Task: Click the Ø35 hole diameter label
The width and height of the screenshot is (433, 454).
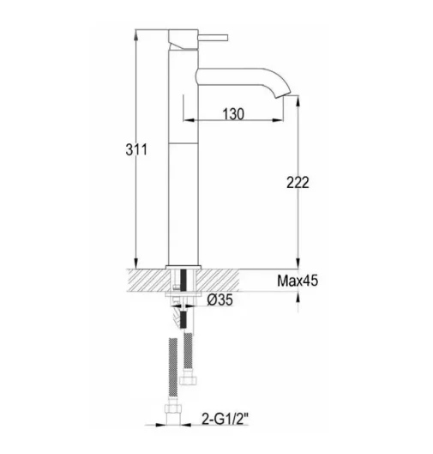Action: (222, 300)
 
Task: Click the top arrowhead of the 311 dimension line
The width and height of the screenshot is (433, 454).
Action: (135, 35)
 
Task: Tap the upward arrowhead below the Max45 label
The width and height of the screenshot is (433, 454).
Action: (298, 298)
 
